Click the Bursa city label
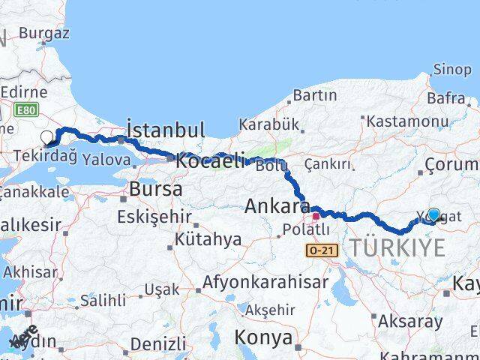(155, 189)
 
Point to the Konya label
(263, 337)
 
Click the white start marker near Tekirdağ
(47, 137)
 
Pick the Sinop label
(452, 70)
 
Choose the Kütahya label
(208, 240)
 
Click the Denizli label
(157, 344)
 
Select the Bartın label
(315, 95)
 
